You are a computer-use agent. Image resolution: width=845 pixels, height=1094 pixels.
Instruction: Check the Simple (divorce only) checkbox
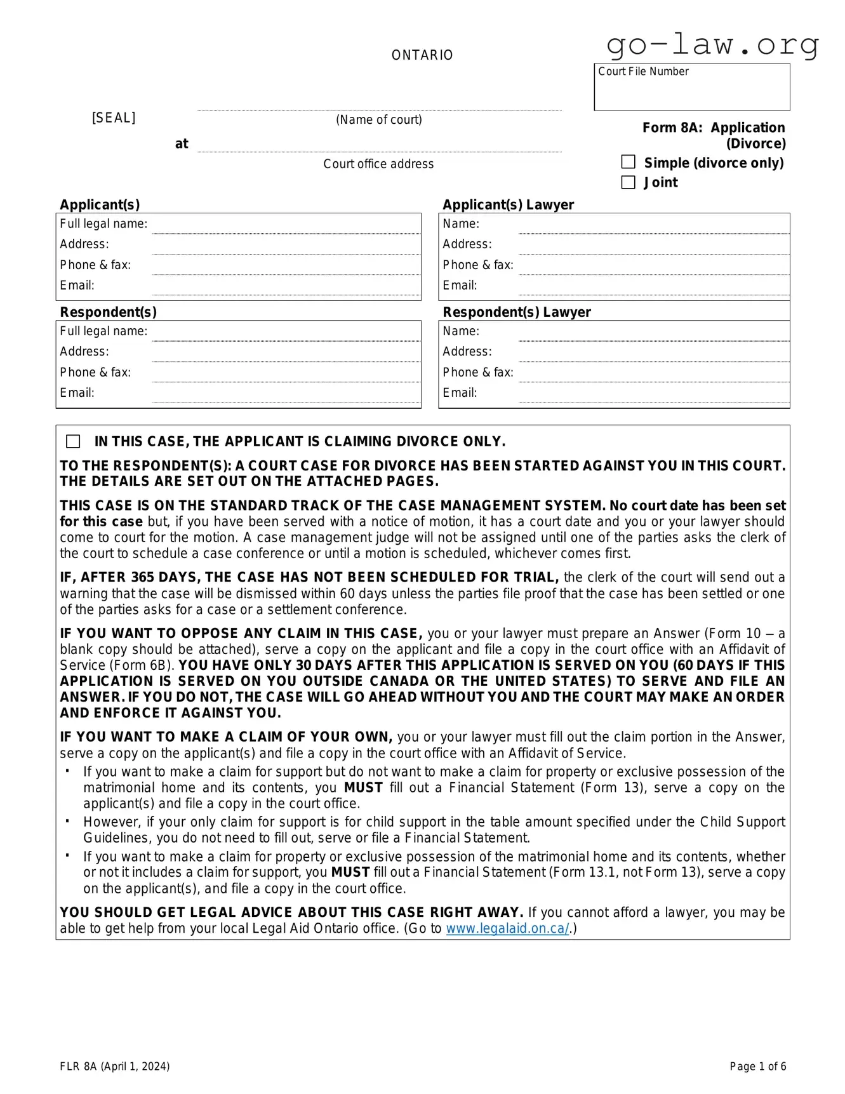point(628,163)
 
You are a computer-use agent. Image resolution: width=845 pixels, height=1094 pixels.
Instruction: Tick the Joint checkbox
point(628,182)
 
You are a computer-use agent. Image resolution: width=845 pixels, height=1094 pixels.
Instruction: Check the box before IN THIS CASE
point(74,441)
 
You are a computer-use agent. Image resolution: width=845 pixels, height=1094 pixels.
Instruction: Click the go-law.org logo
point(712,44)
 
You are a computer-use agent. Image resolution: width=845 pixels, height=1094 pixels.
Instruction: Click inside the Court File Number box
point(691,92)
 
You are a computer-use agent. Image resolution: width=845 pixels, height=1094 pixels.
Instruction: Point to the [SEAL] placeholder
point(114,118)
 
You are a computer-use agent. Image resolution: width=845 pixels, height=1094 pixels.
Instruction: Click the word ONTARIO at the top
point(422,55)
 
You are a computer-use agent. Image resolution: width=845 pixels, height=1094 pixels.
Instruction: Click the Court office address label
point(378,164)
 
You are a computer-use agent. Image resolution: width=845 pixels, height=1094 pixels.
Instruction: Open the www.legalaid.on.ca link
point(507,928)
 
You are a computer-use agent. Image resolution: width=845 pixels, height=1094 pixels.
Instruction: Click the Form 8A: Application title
point(713,128)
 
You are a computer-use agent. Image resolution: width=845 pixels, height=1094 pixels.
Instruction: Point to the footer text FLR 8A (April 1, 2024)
point(115,1066)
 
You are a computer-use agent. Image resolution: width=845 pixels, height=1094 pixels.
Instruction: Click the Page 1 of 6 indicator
point(757,1066)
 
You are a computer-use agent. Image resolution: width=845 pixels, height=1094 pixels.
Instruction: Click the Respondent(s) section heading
point(108,312)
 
